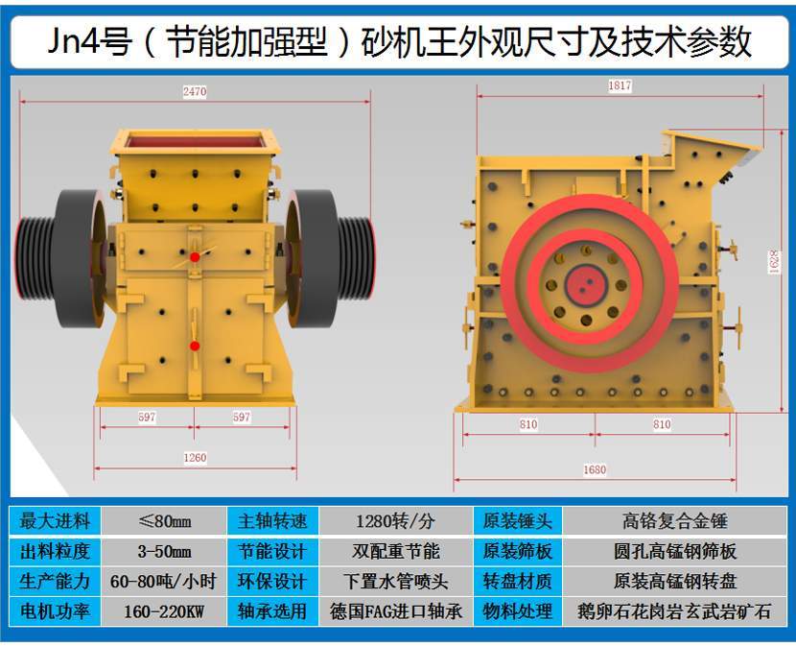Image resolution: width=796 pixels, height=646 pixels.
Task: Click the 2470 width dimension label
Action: pyautogui.click(x=195, y=91)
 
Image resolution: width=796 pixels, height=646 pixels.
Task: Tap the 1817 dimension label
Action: pyautogui.click(x=620, y=85)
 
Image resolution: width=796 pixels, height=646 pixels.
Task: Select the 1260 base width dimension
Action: pyautogui.click(x=195, y=458)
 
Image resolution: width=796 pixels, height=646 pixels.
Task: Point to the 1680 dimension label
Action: pyautogui.click(x=595, y=469)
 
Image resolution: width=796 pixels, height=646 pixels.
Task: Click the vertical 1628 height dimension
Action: pyautogui.click(x=774, y=262)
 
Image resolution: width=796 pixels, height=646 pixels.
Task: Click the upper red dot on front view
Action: pyautogui.click(x=195, y=257)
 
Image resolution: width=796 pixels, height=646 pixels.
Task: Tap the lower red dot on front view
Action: pyautogui.click(x=195, y=347)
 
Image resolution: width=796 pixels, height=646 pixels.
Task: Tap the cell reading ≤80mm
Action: pyautogui.click(x=164, y=521)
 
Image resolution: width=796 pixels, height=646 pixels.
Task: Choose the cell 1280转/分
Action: pyautogui.click(x=395, y=521)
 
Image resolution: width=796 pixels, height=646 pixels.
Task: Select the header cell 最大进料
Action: pyautogui.click(x=55, y=521)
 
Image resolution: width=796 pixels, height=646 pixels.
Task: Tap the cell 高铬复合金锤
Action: pyautogui.click(x=674, y=521)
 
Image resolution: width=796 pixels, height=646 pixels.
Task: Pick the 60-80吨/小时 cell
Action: pyautogui.click(x=164, y=582)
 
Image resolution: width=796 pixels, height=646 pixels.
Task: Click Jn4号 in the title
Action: pyautogui.click(x=90, y=41)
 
